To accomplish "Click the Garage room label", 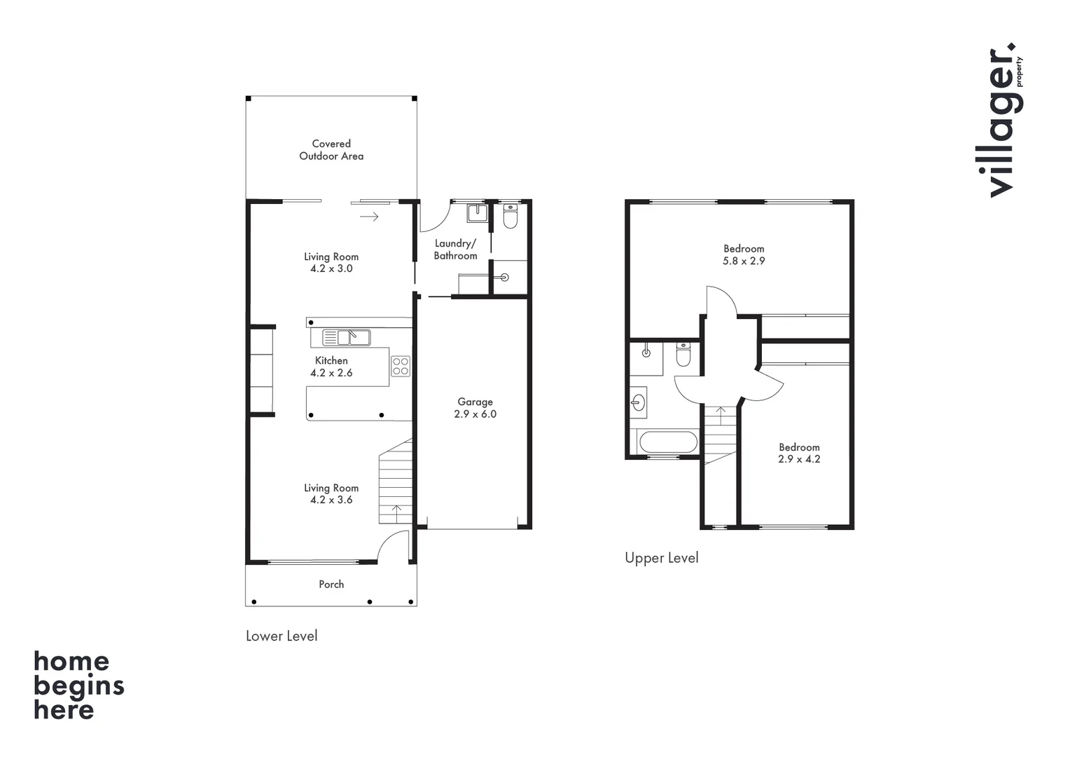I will coord(475,408).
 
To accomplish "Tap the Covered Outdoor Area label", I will coord(331,150).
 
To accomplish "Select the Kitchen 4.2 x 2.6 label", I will coord(331,367).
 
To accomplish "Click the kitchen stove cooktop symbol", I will coord(401,366).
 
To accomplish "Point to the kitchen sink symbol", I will coord(346,338).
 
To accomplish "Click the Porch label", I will coord(331,584).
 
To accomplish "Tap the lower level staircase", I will coord(396,484).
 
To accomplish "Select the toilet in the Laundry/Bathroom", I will coord(510,217).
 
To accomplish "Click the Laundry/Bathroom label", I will coord(455,250).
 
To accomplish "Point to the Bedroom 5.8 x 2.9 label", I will coord(744,254).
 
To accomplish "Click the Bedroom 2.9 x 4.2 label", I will coord(799,453).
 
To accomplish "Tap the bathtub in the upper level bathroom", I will coord(668,442).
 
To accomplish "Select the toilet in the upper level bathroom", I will coord(683,355).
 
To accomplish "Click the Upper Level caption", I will coord(661,558).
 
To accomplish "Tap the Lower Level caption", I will coord(282,636).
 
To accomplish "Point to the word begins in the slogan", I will coord(78,686).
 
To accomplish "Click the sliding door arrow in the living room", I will coord(369,217).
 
